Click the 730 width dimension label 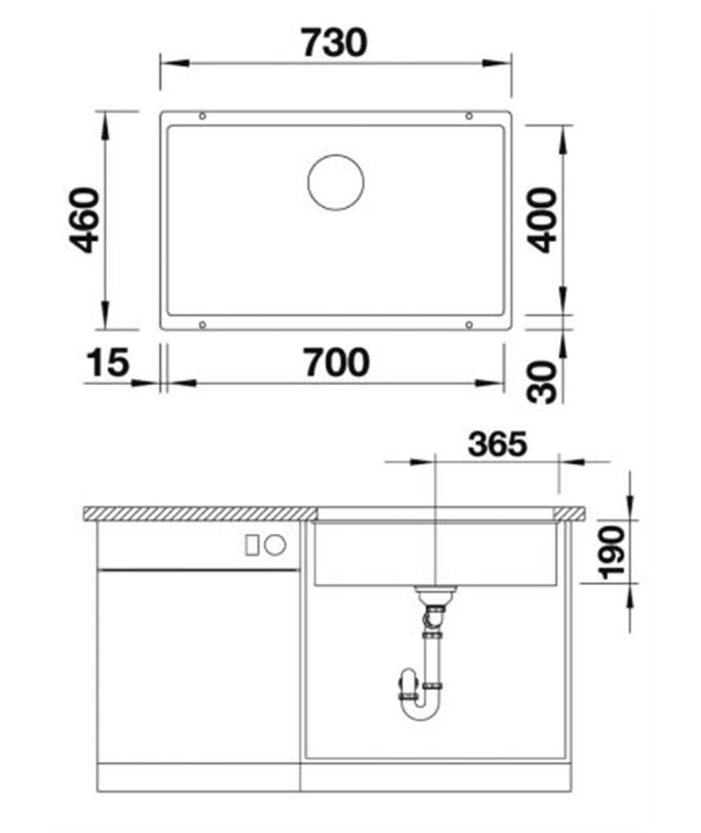[334, 42]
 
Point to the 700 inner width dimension [336, 361]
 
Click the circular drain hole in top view [336, 182]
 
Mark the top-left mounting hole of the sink [202, 116]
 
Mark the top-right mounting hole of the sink [469, 116]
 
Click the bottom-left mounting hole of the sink [202, 324]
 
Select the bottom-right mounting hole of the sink [469, 324]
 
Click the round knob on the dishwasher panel [275, 545]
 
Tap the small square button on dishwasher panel [253, 545]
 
